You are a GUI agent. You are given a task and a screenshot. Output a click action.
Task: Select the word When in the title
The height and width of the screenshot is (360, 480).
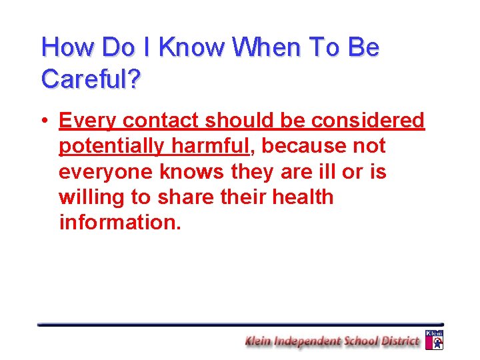(x=265, y=48)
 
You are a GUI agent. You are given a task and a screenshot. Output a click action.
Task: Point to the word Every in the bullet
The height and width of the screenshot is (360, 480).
(x=88, y=121)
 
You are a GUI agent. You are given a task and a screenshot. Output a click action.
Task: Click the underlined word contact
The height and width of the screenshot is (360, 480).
(x=161, y=121)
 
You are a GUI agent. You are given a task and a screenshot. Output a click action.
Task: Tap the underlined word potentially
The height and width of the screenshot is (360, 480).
(x=108, y=146)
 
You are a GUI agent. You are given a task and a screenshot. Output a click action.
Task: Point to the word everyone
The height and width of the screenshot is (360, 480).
(x=107, y=172)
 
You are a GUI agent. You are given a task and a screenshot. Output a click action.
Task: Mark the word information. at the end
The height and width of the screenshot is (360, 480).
(x=120, y=223)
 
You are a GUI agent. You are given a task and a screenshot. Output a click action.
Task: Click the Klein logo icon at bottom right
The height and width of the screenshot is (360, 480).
(x=434, y=340)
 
